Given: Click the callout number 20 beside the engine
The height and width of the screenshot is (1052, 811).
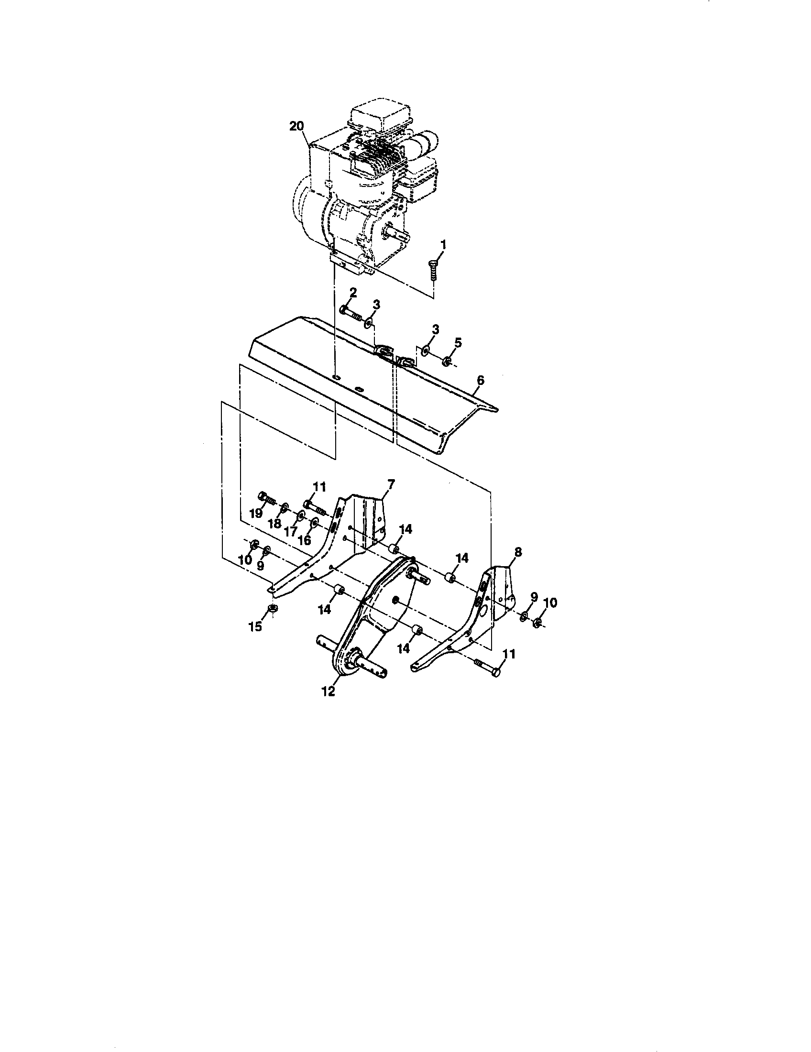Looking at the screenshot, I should [x=296, y=126].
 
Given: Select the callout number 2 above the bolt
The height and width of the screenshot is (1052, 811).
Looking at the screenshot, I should [x=353, y=292].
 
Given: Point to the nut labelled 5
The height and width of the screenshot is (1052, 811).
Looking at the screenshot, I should [x=447, y=360].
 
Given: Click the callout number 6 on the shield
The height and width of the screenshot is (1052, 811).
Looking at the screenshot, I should [x=480, y=380].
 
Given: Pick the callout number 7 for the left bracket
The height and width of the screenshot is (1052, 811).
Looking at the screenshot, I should [x=391, y=482].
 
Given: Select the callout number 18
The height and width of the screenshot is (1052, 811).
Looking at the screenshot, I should [x=274, y=524].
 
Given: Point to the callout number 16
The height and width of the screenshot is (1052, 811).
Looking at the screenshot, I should [x=305, y=539].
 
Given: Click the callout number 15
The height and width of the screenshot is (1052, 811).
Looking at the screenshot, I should [x=255, y=626].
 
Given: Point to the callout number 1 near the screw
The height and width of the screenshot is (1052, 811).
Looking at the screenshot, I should [x=443, y=245].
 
